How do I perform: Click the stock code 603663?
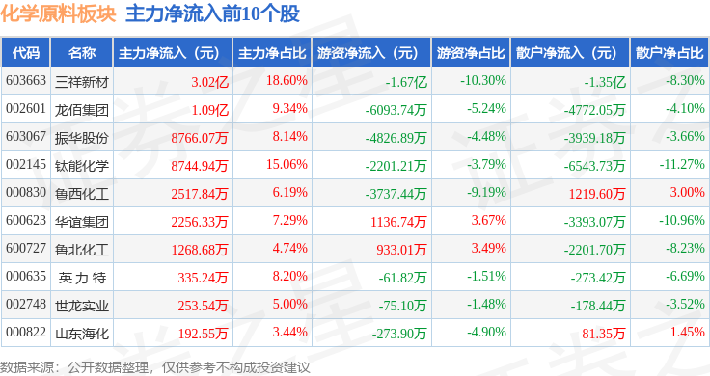[x=26, y=81]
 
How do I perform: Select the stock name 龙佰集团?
[x=81, y=110]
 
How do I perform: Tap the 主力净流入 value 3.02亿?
[x=209, y=82]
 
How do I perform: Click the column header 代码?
[x=26, y=52]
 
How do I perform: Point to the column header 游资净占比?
[x=471, y=52]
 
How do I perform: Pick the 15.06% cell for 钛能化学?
[x=287, y=164]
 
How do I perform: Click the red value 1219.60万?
[x=597, y=194]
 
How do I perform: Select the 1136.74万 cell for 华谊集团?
[x=398, y=222]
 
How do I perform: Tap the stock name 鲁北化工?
[x=81, y=250]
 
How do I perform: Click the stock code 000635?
[x=26, y=276]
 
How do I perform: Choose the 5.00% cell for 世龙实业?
[x=289, y=304]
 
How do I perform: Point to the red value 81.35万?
[x=603, y=334]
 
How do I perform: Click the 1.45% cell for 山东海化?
[x=687, y=332]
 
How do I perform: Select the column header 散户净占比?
[x=669, y=52]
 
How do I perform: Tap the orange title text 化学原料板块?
[x=59, y=13]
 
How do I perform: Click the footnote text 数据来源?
[x=27, y=367]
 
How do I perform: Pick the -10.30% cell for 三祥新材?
[x=483, y=81]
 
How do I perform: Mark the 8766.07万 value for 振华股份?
[x=200, y=138]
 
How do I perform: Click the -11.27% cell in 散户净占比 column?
[x=682, y=164]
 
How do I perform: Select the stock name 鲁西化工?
[x=81, y=194]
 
